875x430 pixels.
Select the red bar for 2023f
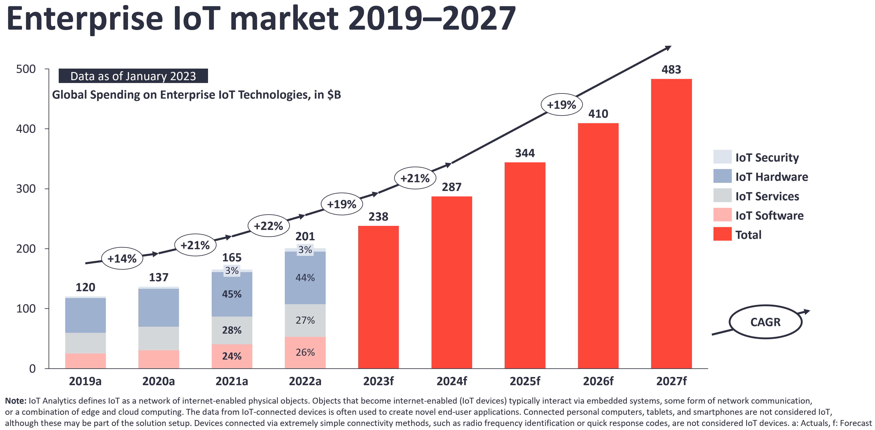pyautogui.click(x=378, y=297)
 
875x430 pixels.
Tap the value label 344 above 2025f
pyautogui.click(x=525, y=153)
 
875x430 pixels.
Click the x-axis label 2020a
pyautogui.click(x=158, y=381)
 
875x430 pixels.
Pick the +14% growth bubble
pyautogui.click(x=122, y=259)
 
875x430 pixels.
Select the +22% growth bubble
pyautogui.click(x=268, y=226)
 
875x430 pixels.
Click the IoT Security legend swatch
pyautogui.click(x=722, y=157)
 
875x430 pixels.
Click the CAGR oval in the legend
pyautogui.click(x=765, y=322)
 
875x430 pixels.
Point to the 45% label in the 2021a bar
pyautogui.click(x=232, y=294)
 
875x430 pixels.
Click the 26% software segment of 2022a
pyautogui.click(x=305, y=352)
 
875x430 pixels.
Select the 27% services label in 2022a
pyautogui.click(x=305, y=320)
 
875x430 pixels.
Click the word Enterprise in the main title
pyautogui.click(x=85, y=19)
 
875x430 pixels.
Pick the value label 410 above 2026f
pyautogui.click(x=598, y=114)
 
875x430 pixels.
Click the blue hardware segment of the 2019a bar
pyautogui.click(x=85, y=315)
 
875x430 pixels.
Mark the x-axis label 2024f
pyautogui.click(x=451, y=381)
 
